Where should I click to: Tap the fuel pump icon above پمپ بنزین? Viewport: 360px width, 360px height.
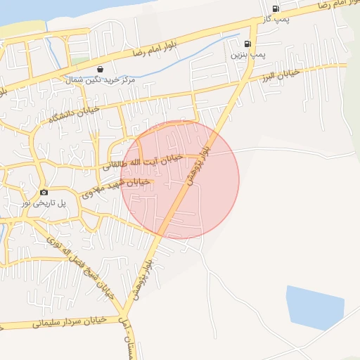click(x=247, y=44)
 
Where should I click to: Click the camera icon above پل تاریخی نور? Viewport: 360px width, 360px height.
click(x=44, y=192)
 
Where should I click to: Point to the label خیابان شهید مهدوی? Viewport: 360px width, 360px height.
click(x=116, y=186)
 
